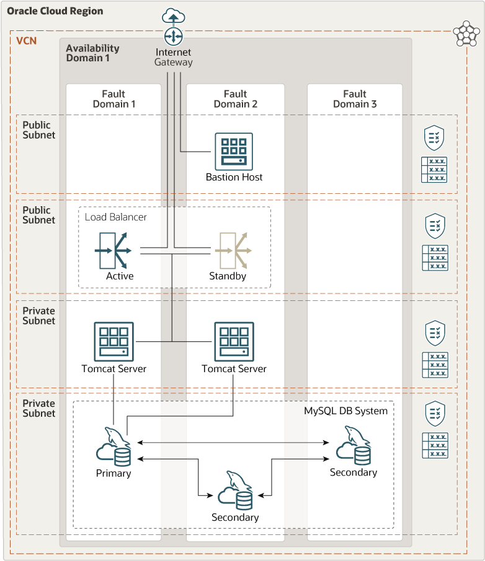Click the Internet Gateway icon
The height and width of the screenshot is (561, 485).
tap(173, 36)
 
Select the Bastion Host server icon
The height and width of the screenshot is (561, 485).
tap(234, 151)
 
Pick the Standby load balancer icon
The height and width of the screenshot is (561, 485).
tap(232, 250)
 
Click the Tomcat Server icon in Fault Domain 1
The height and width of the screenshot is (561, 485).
tap(113, 341)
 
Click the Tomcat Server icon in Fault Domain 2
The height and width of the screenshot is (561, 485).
tap(234, 341)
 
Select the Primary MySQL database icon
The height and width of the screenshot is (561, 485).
tap(114, 447)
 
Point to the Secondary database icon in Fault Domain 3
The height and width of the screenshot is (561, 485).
tap(354, 446)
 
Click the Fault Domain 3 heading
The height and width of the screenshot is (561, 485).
tap(355, 99)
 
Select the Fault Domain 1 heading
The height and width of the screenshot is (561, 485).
tap(114, 99)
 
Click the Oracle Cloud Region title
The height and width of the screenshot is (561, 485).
tap(55, 11)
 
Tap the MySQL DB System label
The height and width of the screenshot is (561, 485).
tap(345, 411)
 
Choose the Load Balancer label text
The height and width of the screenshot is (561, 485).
tap(116, 217)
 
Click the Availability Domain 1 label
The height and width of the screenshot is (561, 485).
tap(92, 53)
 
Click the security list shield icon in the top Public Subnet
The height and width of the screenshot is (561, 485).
tap(434, 137)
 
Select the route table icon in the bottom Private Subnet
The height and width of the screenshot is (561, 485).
tap(434, 445)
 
